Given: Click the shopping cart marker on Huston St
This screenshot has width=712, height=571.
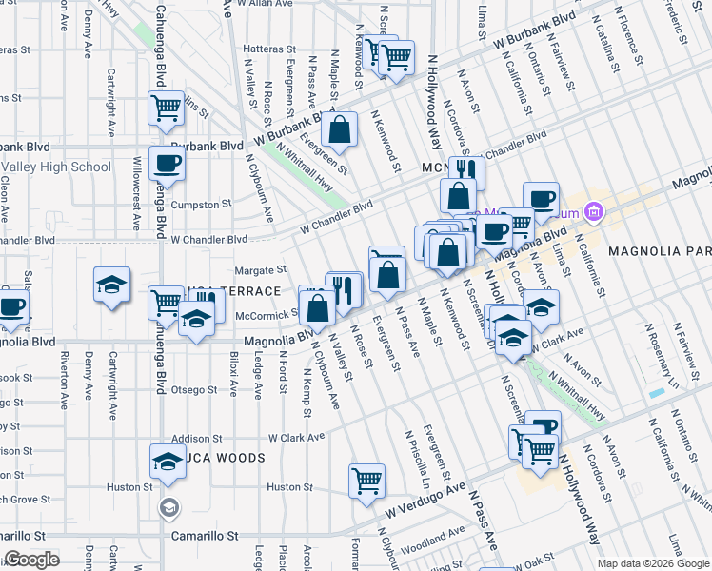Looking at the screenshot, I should tap(366, 481).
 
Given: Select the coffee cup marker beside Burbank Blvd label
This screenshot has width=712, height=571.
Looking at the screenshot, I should tap(167, 163).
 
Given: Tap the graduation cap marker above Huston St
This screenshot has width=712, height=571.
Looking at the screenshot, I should tap(168, 462).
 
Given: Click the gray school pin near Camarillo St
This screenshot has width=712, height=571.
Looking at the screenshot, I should tap(169, 507).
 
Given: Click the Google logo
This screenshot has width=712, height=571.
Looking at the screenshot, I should tap(31, 560).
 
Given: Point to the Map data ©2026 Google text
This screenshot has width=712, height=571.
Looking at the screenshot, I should tap(652, 563).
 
